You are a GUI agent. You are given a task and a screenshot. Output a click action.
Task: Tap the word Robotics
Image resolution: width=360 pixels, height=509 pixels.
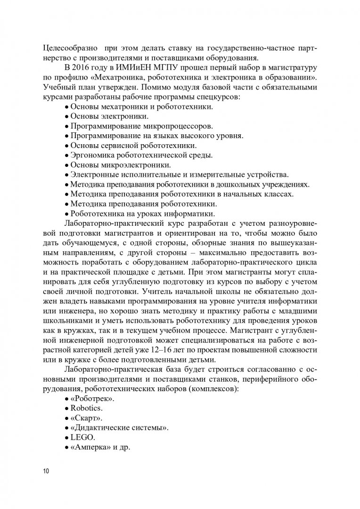pyautogui.click(x=86, y=408)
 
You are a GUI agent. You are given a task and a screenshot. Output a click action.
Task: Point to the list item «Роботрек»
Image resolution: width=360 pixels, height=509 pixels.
pyautogui.click(x=91, y=398)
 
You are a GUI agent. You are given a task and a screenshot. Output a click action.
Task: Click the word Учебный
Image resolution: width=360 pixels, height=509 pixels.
pyautogui.click(x=58, y=87)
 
